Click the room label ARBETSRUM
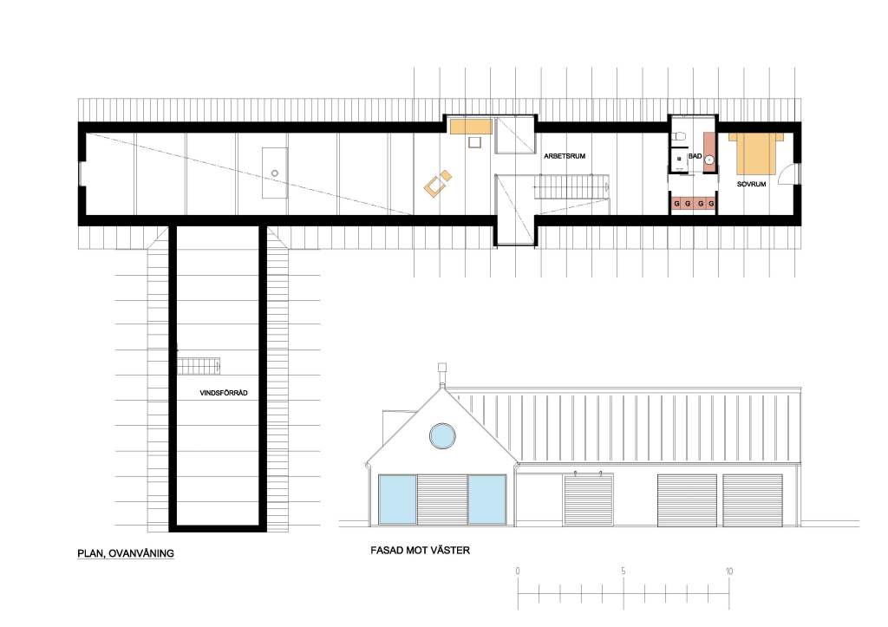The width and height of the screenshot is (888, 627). [564, 156]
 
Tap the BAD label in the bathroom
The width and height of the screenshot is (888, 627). [695, 156]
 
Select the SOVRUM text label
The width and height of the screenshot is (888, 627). [751, 184]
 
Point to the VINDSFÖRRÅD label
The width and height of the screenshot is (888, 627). [224, 393]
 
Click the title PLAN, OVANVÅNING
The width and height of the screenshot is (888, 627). [126, 553]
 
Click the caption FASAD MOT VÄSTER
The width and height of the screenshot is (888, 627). [421, 550]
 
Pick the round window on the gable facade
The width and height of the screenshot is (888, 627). [442, 436]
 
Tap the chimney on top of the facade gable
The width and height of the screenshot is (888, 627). [442, 376]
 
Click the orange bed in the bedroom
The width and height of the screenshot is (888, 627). [755, 153]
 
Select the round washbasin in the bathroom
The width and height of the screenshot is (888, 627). [709, 160]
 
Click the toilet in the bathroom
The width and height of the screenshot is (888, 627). [680, 136]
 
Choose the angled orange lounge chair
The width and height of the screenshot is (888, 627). [438, 184]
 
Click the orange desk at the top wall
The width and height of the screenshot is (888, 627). [471, 127]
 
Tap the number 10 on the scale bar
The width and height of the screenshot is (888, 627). [728, 571]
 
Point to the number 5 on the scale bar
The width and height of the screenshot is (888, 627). [623, 571]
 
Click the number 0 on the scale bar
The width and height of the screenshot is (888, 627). [518, 571]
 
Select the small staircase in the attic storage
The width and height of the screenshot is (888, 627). [199, 366]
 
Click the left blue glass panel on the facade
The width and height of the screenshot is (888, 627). [397, 499]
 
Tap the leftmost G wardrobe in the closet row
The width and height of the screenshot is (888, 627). [676, 203]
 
